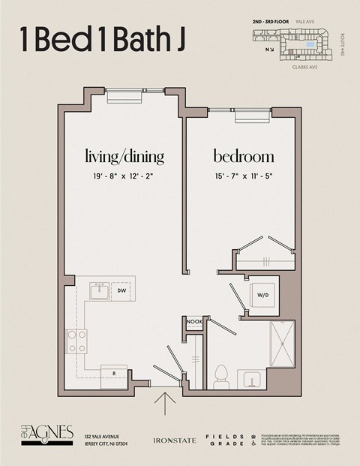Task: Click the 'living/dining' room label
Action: click(124, 157)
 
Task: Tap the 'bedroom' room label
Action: click(244, 157)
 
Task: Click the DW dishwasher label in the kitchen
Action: click(121, 290)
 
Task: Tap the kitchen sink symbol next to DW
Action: click(99, 290)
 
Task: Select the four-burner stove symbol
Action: click(76, 341)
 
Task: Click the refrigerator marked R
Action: click(114, 372)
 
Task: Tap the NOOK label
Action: click(194, 321)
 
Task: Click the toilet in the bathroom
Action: click(220, 373)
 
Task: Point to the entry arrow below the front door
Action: click(164, 402)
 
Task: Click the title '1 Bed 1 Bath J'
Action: click(103, 41)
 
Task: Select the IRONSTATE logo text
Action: click(174, 440)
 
